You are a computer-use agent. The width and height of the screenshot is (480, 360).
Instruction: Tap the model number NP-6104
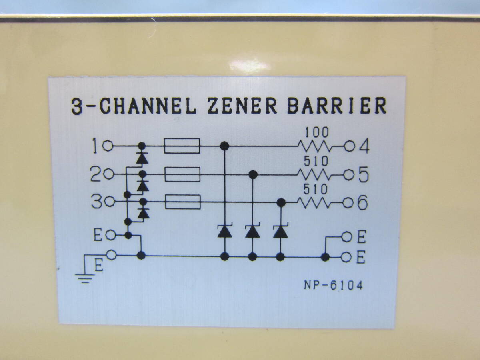pyautogui.click(x=333, y=286)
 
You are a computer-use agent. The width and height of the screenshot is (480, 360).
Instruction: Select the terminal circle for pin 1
pyautogui.click(x=108, y=146)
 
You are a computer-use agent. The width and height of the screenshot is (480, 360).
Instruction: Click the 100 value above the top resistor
pyautogui.click(x=316, y=132)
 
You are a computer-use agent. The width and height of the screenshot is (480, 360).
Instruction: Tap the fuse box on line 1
pyautogui.click(x=182, y=146)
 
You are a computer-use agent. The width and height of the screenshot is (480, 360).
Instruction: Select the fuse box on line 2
pyautogui.click(x=182, y=175)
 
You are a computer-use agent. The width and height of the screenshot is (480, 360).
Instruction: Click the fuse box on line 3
pyautogui.click(x=182, y=202)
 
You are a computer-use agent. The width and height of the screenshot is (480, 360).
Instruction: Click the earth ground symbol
pyautogui.click(x=84, y=276)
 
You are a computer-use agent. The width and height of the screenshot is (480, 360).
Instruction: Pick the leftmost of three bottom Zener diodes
pyautogui.click(x=224, y=231)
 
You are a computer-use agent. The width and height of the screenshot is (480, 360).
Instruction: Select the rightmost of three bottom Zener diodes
pyautogui.click(x=281, y=231)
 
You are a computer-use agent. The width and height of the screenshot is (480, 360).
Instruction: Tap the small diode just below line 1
pyautogui.click(x=142, y=158)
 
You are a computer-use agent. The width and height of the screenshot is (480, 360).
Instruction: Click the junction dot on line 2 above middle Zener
pyautogui.click(x=252, y=174)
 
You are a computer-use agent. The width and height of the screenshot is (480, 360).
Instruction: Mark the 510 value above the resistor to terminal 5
pyautogui.click(x=316, y=161)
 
